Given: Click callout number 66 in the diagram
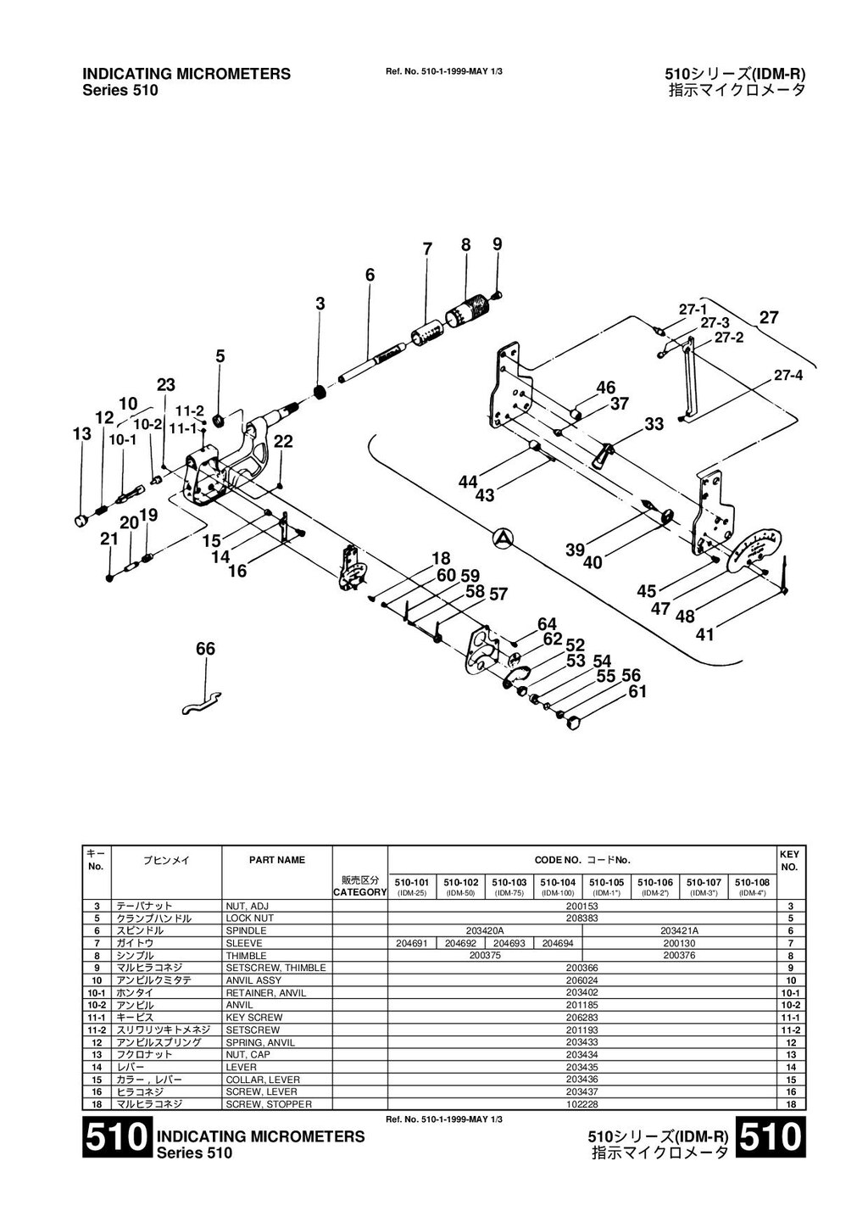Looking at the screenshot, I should coord(206,649).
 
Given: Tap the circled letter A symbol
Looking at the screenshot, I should coord(503,537).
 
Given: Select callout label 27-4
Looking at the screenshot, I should coord(788,376).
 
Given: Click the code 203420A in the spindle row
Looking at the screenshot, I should coord(485,930).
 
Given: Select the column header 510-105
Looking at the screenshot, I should coord(606,882).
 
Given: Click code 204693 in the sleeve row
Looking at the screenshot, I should coord(509,943).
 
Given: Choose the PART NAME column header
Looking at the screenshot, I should coord(276,860).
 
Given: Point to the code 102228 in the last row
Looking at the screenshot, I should coord(581,1103).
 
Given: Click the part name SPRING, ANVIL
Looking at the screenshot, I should coord(260,1042).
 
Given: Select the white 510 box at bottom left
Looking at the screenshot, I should coord(117,1138).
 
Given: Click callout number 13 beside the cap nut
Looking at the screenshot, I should coord(81,434).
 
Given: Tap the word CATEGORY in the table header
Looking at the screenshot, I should coord(359,892).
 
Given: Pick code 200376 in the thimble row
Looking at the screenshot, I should coord(680,956).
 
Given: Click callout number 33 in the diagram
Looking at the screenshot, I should coord(654,424).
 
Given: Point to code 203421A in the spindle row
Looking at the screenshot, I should coord(679,930).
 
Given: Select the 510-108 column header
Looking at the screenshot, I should coord(752,882).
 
